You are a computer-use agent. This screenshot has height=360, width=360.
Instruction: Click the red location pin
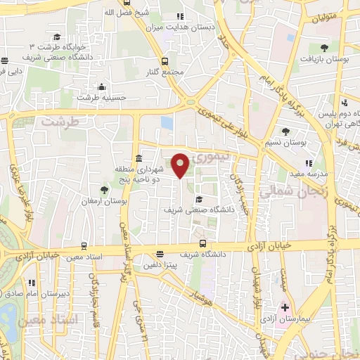coord(180,165)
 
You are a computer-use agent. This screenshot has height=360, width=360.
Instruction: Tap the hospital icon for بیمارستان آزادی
coord(285,308)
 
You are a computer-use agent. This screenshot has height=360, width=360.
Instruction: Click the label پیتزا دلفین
coord(160,265)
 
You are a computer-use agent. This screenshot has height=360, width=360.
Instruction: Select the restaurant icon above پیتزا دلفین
coord(160,255)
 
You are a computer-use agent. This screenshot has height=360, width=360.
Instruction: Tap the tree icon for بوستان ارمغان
coord(105,190)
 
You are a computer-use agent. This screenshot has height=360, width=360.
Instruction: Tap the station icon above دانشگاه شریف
coord(202,244)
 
